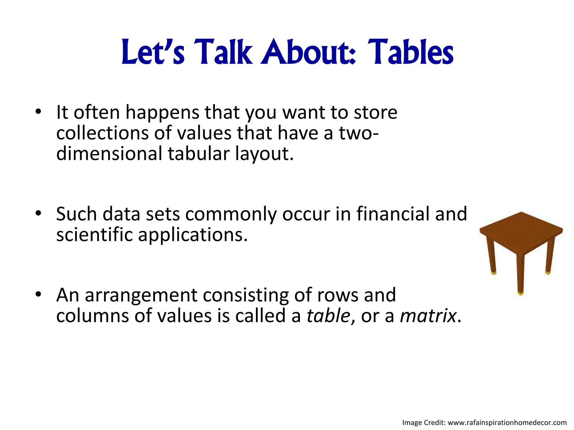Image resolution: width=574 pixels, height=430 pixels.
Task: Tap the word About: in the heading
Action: pos(308,52)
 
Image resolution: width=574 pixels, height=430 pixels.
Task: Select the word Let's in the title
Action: pos(153,52)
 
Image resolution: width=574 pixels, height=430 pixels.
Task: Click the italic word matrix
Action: pos(428,316)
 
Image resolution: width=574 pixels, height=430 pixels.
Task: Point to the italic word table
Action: pos(328,316)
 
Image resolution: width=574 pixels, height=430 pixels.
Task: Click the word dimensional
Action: pos(109,154)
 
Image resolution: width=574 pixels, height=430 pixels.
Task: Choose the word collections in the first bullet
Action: pos(103,133)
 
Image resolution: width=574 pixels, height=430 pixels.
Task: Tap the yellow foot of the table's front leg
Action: pos(521,294)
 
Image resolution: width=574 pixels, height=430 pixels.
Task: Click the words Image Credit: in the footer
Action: pos(424,423)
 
